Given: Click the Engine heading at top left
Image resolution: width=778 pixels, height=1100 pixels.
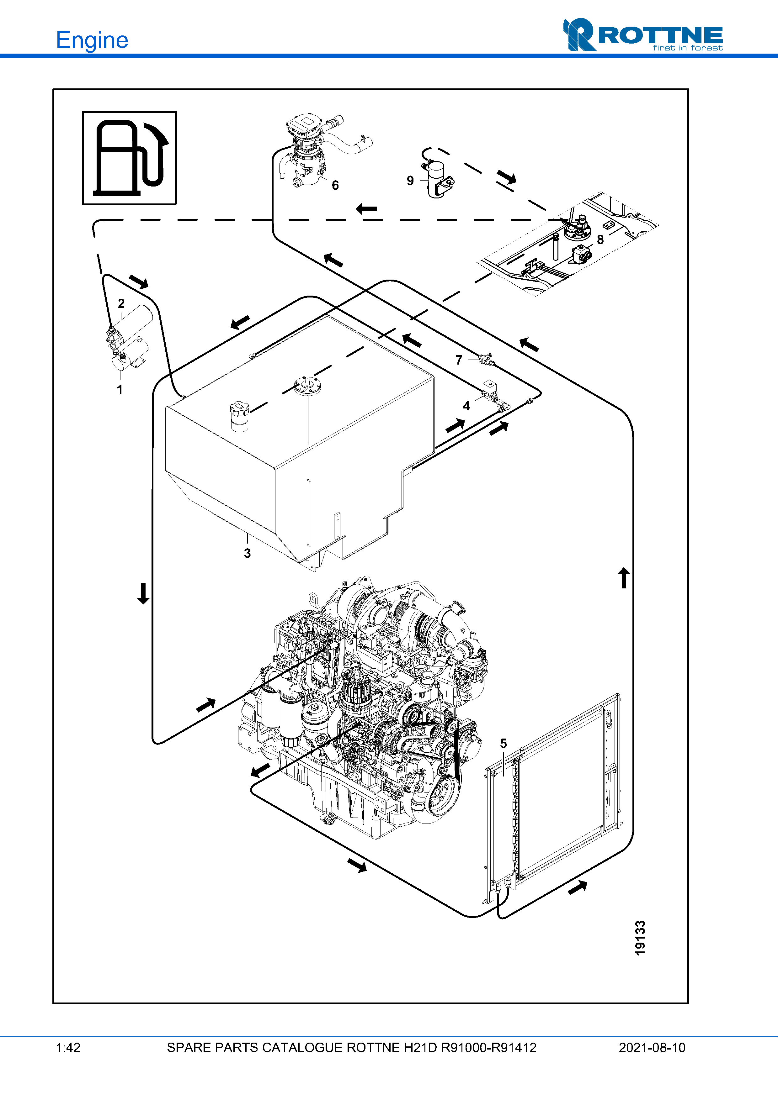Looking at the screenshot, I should coord(92,40).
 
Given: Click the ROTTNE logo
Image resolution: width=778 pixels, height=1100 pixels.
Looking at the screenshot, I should coord(642,34).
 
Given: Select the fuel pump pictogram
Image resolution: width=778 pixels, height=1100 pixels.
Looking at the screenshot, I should coord(130,158).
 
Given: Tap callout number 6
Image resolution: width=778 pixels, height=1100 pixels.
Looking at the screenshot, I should coord(335,185).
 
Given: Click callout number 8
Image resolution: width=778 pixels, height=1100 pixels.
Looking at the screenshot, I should coord(600,239).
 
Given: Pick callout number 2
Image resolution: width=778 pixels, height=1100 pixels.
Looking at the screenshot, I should coord(121,303).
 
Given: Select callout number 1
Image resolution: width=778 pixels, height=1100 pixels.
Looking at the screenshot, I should coord(120,390).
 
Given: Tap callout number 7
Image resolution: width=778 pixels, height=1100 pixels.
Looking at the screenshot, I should coord(459,360).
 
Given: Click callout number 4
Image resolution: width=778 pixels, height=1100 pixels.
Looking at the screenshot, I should coord(466,406).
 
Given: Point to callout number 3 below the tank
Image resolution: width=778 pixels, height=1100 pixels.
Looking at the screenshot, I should coord(247,553).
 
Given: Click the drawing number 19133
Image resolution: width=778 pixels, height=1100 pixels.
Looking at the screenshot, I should coord(640,938).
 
